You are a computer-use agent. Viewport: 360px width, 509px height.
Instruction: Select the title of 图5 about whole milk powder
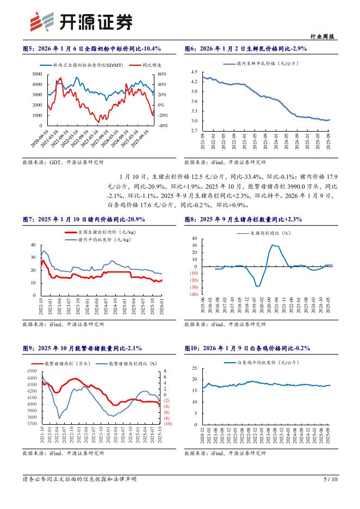[x=91, y=49]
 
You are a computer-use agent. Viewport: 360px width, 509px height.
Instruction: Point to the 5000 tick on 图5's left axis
[x=36, y=74]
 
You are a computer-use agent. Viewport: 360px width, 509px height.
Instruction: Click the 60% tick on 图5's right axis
[x=162, y=74]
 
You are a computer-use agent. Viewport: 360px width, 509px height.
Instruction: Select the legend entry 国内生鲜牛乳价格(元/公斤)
[x=261, y=64]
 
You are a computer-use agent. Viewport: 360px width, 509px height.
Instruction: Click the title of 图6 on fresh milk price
[x=246, y=49]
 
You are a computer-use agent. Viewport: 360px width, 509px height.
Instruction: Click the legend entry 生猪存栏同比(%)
[x=265, y=233]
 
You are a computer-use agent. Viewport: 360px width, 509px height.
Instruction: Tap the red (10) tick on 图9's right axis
[x=167, y=424]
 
